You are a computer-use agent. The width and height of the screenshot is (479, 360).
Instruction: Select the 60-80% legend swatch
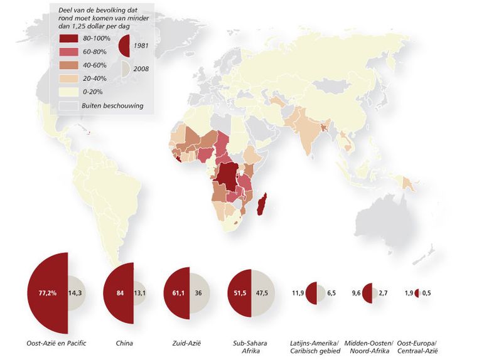[x=67, y=51]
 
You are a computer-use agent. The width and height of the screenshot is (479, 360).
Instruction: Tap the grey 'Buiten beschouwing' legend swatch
[x=67, y=105]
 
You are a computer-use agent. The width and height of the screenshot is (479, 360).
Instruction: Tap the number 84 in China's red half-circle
[x=119, y=293]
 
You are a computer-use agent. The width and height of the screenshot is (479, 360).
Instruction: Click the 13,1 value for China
[x=140, y=293]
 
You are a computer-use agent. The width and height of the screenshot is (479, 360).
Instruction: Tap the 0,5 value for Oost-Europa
[x=427, y=293]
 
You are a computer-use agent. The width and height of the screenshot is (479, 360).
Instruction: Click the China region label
[x=124, y=344]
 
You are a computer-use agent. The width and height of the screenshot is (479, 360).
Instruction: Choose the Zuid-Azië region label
[x=185, y=344]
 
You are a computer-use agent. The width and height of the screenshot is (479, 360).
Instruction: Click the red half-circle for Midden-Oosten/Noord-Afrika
[x=367, y=293]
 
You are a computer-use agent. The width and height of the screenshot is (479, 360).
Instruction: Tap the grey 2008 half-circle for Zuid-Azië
[x=200, y=293]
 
